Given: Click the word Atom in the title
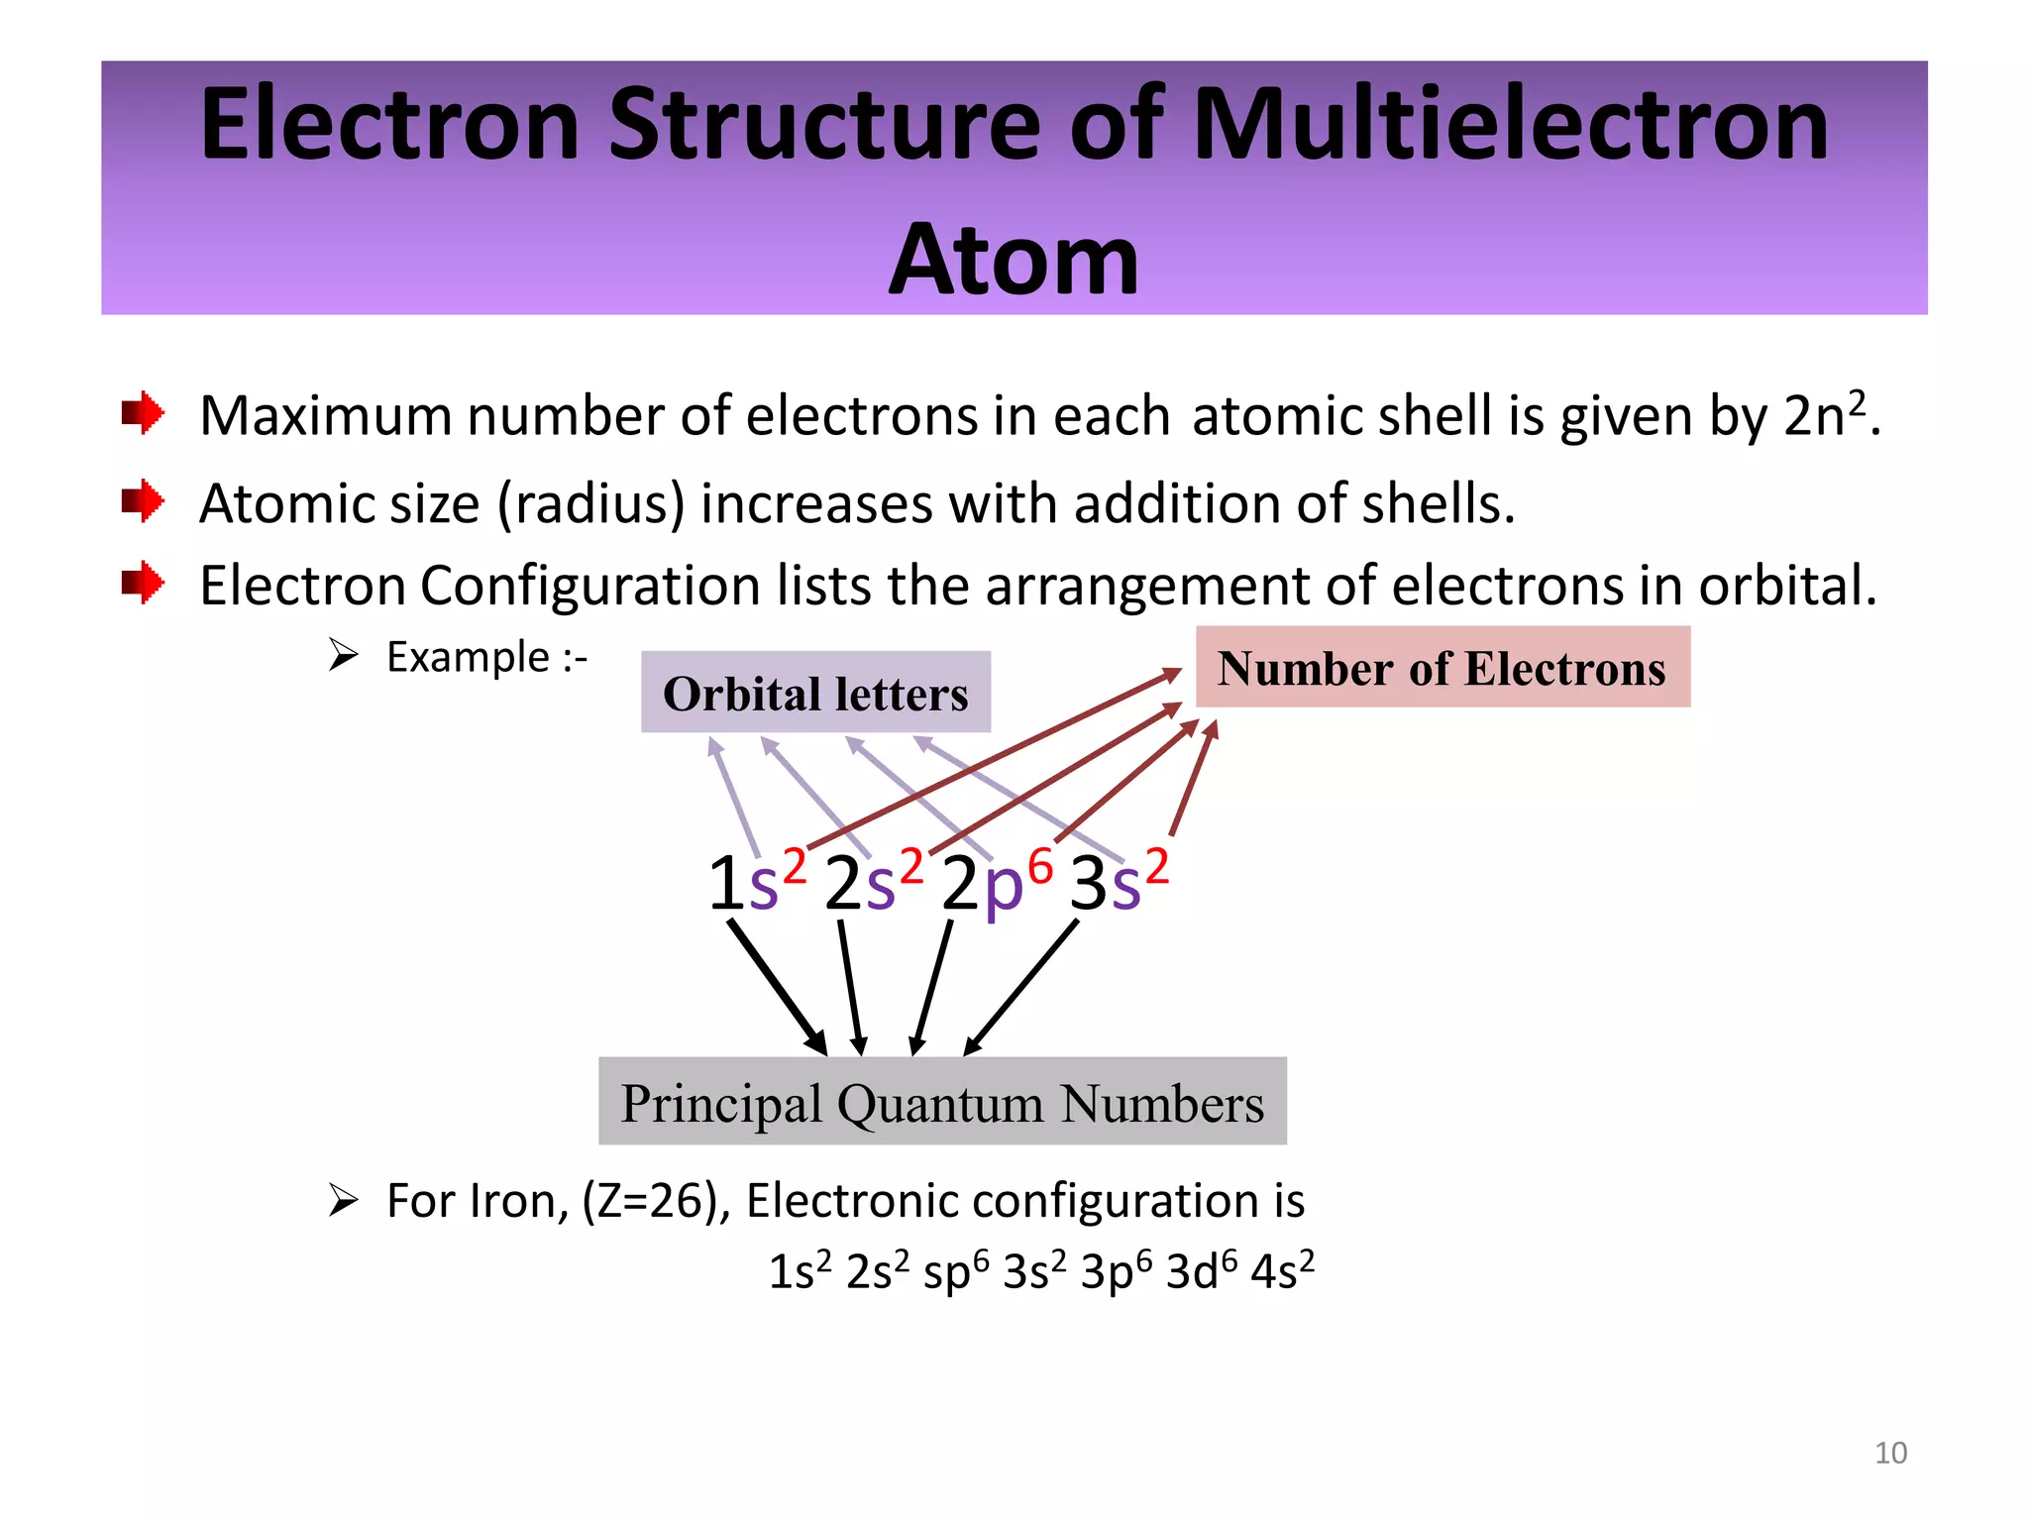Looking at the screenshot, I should [x=1014, y=260].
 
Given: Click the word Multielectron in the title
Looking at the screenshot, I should [x=1511, y=125].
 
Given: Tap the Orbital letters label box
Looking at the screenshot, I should [x=815, y=693].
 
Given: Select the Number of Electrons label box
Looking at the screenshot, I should [x=1442, y=668].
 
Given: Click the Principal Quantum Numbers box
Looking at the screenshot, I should [x=942, y=1102].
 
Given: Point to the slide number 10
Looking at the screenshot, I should [x=1890, y=1453].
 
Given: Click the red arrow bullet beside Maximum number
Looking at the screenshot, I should [x=143, y=413].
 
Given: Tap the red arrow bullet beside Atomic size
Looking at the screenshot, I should [x=143, y=501].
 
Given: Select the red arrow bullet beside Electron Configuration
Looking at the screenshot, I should [x=143, y=583].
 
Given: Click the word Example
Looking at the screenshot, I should [x=468, y=657].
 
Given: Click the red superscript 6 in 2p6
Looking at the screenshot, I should [x=1039, y=867].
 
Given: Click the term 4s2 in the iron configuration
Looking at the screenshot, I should [x=1282, y=1271].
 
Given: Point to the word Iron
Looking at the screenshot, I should [x=519, y=1201].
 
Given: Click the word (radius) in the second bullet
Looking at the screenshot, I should [x=591, y=503].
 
